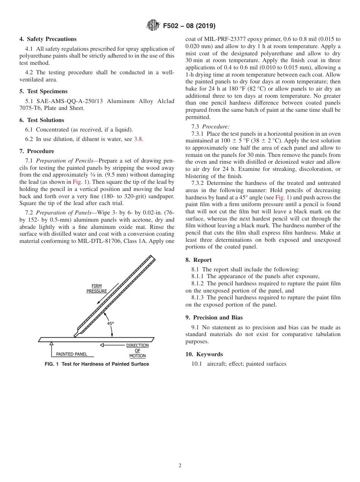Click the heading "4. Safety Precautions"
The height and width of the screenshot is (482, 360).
click(48, 39)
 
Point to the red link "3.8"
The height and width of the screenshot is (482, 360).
click(138, 139)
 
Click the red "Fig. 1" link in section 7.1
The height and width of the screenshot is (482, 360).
click(80, 182)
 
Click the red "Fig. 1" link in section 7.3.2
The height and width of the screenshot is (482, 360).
click(282, 197)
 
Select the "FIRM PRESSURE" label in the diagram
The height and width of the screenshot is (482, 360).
click(97, 288)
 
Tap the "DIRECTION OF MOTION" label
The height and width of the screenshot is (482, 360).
click(137, 351)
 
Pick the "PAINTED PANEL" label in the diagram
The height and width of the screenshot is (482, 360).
click(72, 354)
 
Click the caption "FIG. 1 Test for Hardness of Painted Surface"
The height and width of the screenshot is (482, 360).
click(97, 364)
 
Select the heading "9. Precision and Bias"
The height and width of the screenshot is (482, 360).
click(214, 318)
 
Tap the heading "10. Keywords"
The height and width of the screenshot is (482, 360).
click(204, 354)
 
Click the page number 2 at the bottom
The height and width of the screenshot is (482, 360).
click(180, 466)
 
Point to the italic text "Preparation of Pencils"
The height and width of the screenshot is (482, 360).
click(64, 161)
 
